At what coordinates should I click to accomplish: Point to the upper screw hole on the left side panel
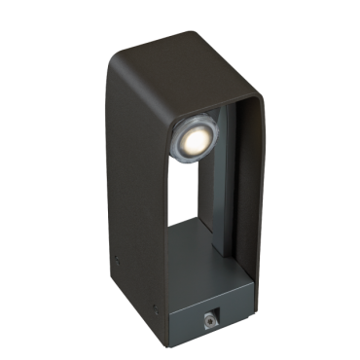pyautogui.click(x=115, y=259)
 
